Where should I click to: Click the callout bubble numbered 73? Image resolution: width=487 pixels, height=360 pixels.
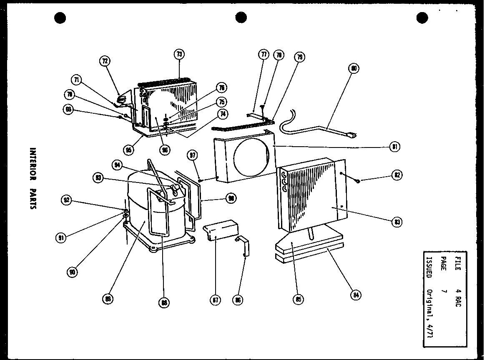click(179, 55)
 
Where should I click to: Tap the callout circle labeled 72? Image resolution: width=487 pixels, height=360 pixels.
click(105, 61)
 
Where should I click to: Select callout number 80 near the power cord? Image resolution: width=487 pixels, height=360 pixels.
click(354, 68)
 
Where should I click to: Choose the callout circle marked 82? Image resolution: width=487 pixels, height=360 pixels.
click(397, 175)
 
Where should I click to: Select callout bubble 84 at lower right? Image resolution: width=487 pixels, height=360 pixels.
click(355, 295)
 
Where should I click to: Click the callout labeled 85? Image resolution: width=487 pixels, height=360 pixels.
click(298, 299)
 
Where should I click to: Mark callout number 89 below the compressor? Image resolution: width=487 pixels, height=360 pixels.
click(108, 299)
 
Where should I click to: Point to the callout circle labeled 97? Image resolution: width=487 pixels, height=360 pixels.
click(192, 155)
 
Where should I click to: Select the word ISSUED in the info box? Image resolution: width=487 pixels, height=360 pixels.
click(428, 265)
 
